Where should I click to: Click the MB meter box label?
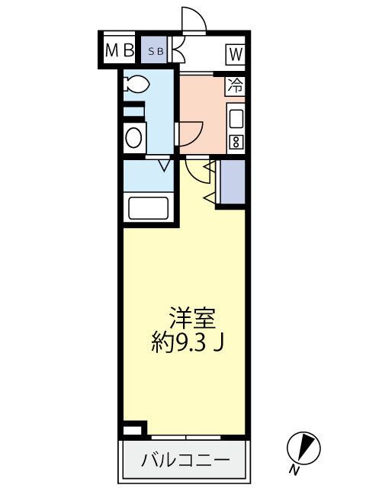[x=118, y=51]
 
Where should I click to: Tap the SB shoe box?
[x=155, y=51]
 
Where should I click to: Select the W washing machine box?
[x=234, y=53]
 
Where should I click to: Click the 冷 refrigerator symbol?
[x=236, y=86]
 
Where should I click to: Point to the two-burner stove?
[x=236, y=141]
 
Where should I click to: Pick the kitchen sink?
[x=236, y=119]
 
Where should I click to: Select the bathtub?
[x=148, y=207]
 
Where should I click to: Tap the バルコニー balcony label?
[x=185, y=461]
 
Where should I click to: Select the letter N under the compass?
[x=294, y=467]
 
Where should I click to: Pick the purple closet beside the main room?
[x=232, y=183]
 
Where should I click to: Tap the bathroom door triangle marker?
[x=163, y=162]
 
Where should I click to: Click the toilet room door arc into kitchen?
[x=189, y=134]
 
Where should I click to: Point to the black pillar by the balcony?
[x=133, y=429]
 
